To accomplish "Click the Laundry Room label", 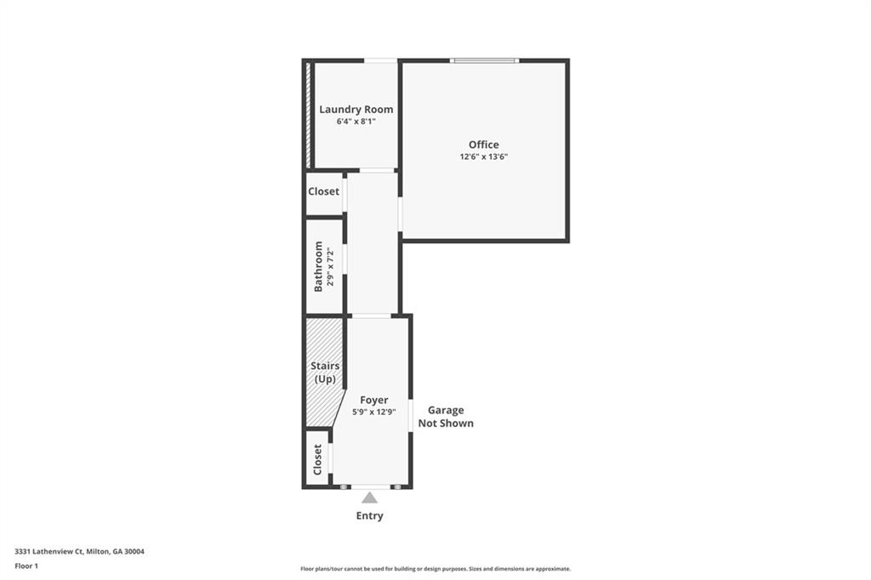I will coord(356,110).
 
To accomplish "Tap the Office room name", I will coord(484,145).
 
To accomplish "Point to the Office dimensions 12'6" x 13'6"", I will coord(484,156).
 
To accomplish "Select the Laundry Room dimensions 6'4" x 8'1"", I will coord(356,122).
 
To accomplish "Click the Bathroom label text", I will coord(319,266).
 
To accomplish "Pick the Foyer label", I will coord(373,400).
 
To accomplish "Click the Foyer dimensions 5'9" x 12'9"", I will coord(374,412).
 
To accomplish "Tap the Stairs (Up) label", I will coord(325,372).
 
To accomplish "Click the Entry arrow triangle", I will coord(369,498).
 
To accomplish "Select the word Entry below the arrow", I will coord(369,515).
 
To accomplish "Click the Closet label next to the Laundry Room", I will coord(323,191).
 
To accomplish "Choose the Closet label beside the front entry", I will coord(318,459).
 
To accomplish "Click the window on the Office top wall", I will coord(484,60).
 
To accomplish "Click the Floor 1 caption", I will coord(26,566).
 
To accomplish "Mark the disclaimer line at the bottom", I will coord(435,569).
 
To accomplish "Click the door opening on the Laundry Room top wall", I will coord(381,60).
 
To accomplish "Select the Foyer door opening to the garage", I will coord(411,416).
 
